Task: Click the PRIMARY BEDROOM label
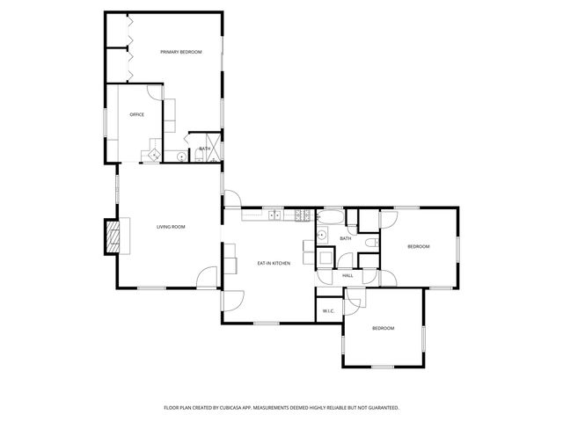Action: pos(181,53)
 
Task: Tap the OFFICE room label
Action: pos(136,115)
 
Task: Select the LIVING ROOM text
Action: pos(171,228)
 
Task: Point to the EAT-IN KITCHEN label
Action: pos(274,264)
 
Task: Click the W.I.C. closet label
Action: pos(328,310)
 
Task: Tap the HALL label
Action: pos(347,276)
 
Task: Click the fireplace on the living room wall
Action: pos(112,236)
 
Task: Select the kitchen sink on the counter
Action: pos(274,215)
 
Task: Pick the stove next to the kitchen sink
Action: pos(302,215)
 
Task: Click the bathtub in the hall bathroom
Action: pos(332,215)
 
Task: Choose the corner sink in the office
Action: pos(154,155)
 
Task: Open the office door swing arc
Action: pos(155,93)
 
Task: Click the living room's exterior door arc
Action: pos(208,277)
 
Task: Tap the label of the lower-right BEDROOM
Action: pos(383,329)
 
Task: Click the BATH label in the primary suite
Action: pos(204,149)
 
